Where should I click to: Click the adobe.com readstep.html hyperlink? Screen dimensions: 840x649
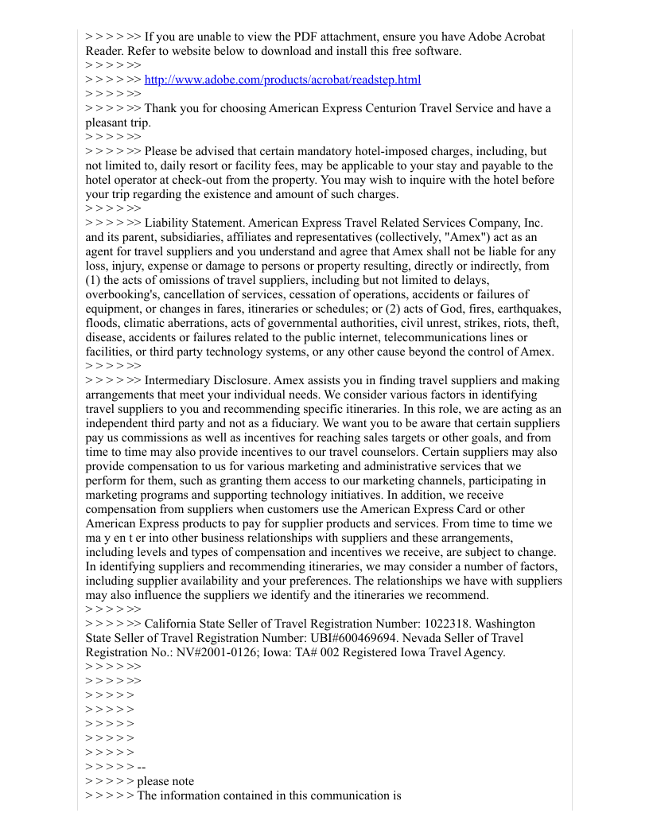pyautogui.click(x=282, y=80)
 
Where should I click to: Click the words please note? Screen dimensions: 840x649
pyautogui.click(x=165, y=781)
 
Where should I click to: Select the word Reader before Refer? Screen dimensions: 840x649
pyautogui.click(x=103, y=51)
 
